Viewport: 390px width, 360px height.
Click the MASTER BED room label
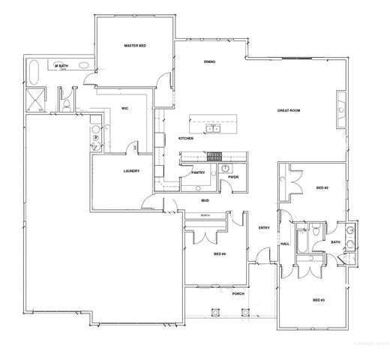coord(134,46)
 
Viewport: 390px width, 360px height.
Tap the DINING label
coord(210,62)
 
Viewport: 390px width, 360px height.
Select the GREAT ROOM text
coord(289,110)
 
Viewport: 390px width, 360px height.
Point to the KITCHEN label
coord(186,139)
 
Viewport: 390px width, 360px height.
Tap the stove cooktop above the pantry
coord(212,156)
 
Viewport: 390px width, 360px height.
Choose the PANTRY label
coord(198,172)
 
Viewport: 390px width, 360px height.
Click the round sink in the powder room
coord(226,169)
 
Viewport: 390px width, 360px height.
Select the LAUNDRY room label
coord(132,171)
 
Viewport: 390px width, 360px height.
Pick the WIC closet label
coord(125,109)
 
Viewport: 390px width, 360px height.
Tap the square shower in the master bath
coord(34,97)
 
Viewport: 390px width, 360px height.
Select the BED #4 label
coord(220,254)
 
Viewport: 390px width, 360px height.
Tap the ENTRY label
coord(264,228)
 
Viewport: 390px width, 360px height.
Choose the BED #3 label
coord(318,300)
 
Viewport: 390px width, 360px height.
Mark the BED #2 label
coord(321,187)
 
